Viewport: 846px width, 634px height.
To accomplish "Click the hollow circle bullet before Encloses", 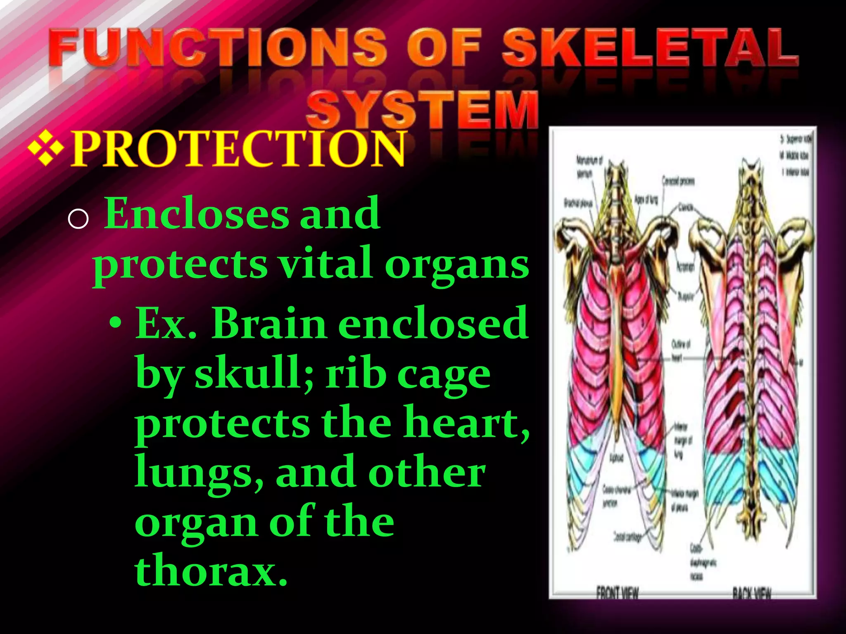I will tap(78, 219).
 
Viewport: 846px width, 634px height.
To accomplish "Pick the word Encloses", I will tap(197, 214).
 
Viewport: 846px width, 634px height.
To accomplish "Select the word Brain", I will tap(269, 324).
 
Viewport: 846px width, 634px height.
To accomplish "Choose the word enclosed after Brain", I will tap(433, 324).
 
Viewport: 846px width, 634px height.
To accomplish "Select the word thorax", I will tap(211, 572).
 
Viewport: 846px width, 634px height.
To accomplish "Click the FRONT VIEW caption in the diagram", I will tap(617, 593).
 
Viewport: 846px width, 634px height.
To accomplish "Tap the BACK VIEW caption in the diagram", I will tap(751, 593).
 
